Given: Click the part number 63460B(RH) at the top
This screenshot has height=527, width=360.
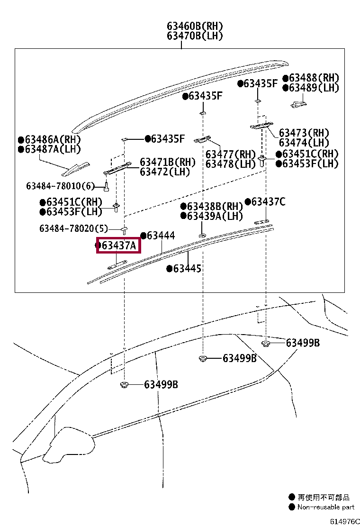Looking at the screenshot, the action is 194,27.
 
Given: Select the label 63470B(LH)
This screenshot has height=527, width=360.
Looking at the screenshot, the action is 194,36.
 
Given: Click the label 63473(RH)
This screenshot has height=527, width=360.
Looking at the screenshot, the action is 304,133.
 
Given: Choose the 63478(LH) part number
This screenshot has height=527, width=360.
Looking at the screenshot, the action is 230,164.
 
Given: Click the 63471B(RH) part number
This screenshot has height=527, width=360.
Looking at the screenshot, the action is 167,162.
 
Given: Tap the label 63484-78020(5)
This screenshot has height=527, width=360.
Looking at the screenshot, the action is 73,228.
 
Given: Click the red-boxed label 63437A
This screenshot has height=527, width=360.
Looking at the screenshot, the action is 119,245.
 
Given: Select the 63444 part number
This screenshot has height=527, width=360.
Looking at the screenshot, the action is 161,236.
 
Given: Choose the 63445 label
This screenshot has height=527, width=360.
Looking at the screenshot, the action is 187,269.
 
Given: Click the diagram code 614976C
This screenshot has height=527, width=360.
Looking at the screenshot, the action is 345,521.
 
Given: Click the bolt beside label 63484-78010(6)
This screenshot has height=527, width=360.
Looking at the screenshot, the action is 107,186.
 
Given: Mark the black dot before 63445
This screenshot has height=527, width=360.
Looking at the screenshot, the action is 169,269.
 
